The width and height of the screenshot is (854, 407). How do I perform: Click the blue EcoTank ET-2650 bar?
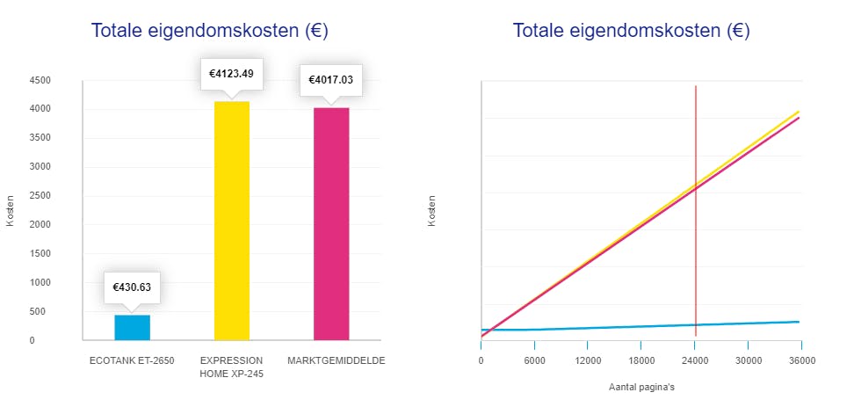click(x=132, y=327)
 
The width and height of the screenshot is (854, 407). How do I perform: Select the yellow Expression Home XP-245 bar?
click(x=232, y=220)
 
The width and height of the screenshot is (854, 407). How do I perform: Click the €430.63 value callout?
click(x=132, y=286)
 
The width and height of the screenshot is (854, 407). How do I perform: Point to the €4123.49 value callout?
click(x=232, y=73)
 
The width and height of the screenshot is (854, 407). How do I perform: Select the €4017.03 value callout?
click(x=331, y=79)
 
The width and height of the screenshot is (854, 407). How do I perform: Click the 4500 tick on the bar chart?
click(x=40, y=80)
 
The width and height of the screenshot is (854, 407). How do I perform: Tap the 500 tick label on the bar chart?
click(x=43, y=311)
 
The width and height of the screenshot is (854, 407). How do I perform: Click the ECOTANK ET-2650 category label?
click(x=132, y=360)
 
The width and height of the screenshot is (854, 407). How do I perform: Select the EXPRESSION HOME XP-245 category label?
click(x=232, y=367)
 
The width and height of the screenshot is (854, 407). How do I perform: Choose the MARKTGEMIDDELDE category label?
click(x=337, y=360)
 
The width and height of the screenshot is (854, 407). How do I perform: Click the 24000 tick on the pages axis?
click(x=695, y=360)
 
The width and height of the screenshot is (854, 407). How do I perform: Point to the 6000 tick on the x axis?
click(x=534, y=360)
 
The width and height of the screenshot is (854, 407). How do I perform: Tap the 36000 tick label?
click(x=798, y=360)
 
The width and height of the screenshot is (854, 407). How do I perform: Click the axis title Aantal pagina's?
click(x=640, y=386)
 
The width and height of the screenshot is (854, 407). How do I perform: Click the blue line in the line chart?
click(x=615, y=327)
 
